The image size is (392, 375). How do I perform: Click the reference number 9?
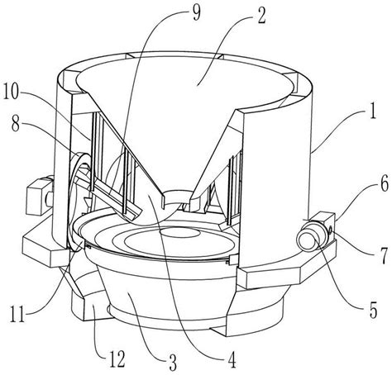click(196, 13)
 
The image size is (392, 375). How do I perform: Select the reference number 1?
click(372, 110)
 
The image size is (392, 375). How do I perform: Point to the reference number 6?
click(384, 183)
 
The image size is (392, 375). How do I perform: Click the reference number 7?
click(383, 257)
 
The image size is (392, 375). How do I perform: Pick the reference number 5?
click(373, 311)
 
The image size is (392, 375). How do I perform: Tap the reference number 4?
click(232, 359)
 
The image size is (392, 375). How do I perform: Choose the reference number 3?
click(172, 363)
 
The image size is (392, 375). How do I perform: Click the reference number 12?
click(117, 358)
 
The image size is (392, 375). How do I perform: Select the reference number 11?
click(18, 314)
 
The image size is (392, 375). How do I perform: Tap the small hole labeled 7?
click(330, 228)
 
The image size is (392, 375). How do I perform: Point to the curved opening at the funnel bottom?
click(171, 199)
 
